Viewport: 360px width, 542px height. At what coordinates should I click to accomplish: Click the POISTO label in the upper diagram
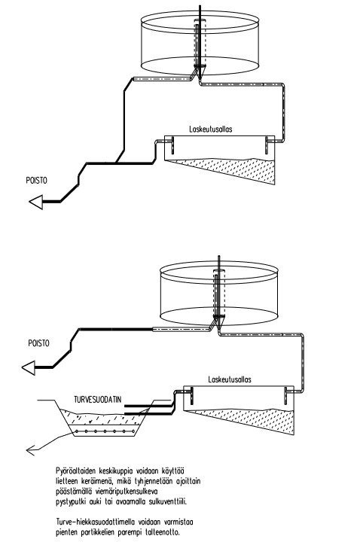pyautogui.click(x=36, y=181)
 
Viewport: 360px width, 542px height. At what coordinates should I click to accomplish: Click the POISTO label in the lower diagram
pyautogui.click(x=38, y=343)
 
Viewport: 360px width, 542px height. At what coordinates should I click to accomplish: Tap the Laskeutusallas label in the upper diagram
pyautogui.click(x=211, y=129)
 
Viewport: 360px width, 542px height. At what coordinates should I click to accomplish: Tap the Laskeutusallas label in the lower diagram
pyautogui.click(x=230, y=379)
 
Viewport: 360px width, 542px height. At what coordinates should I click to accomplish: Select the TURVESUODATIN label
pyautogui.click(x=98, y=400)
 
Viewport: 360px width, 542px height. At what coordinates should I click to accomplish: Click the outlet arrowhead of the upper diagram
pyautogui.click(x=36, y=202)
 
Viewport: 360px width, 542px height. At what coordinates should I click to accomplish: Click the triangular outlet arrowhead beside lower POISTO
pyautogui.click(x=29, y=368)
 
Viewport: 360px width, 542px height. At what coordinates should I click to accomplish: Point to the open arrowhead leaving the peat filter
pyautogui.click(x=30, y=450)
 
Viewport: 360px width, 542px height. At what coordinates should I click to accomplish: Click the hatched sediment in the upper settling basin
pyautogui.click(x=239, y=169)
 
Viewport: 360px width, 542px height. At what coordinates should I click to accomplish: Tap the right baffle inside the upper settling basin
pyautogui.click(x=267, y=145)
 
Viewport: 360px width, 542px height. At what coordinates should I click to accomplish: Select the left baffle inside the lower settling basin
pyautogui.click(x=191, y=395)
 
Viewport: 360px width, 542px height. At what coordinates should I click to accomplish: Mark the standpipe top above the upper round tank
pyautogui.click(x=200, y=6)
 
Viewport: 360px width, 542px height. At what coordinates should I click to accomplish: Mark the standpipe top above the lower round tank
pyautogui.click(x=218, y=257)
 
